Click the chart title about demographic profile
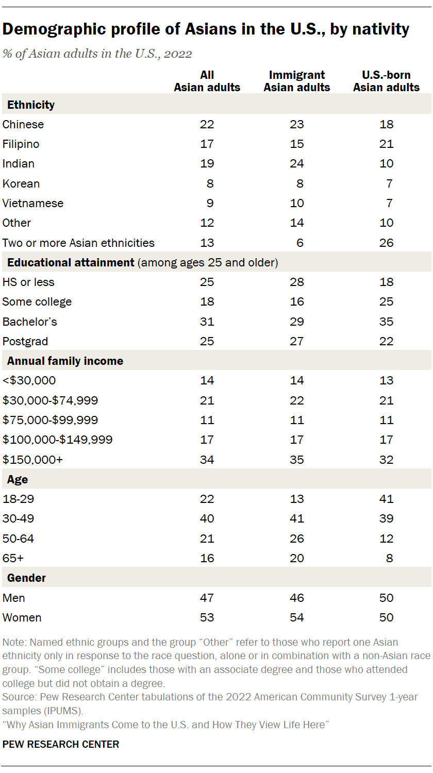pos(206,29)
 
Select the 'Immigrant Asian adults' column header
pos(297,81)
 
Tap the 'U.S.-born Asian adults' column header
pos(386,81)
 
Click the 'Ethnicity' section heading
pos(31,105)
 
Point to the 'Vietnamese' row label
pos(33,203)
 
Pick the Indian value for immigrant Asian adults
pos(297,164)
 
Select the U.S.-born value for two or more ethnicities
pos(386,243)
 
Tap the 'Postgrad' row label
pos(26,341)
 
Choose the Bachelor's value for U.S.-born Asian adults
pos(386,322)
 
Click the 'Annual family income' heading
pos(65,361)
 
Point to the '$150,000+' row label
pos(32,459)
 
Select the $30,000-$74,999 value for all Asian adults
pos(207,400)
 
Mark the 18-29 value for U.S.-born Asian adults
pos(386,499)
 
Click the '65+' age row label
pos(13,558)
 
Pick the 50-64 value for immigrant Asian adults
pos(297,539)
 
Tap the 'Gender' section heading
pos(26,578)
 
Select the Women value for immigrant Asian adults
pos(297,617)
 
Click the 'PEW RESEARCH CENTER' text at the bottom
pos(61,744)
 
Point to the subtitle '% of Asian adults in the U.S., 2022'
pos(97,54)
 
